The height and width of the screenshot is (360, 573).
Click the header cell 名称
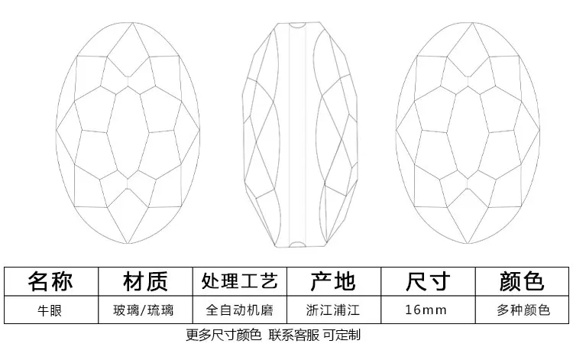[50, 281]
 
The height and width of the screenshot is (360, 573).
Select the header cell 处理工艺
[239, 281]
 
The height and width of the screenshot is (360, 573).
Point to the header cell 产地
[332, 281]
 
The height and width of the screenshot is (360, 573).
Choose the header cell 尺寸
[427, 281]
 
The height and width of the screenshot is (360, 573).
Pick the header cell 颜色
[522, 281]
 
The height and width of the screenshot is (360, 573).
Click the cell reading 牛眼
[50, 310]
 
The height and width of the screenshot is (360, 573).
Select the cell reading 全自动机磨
[239, 310]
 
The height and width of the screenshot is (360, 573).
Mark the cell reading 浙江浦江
[332, 310]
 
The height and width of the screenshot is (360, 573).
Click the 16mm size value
[427, 310]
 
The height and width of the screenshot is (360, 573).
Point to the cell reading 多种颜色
[522, 310]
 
